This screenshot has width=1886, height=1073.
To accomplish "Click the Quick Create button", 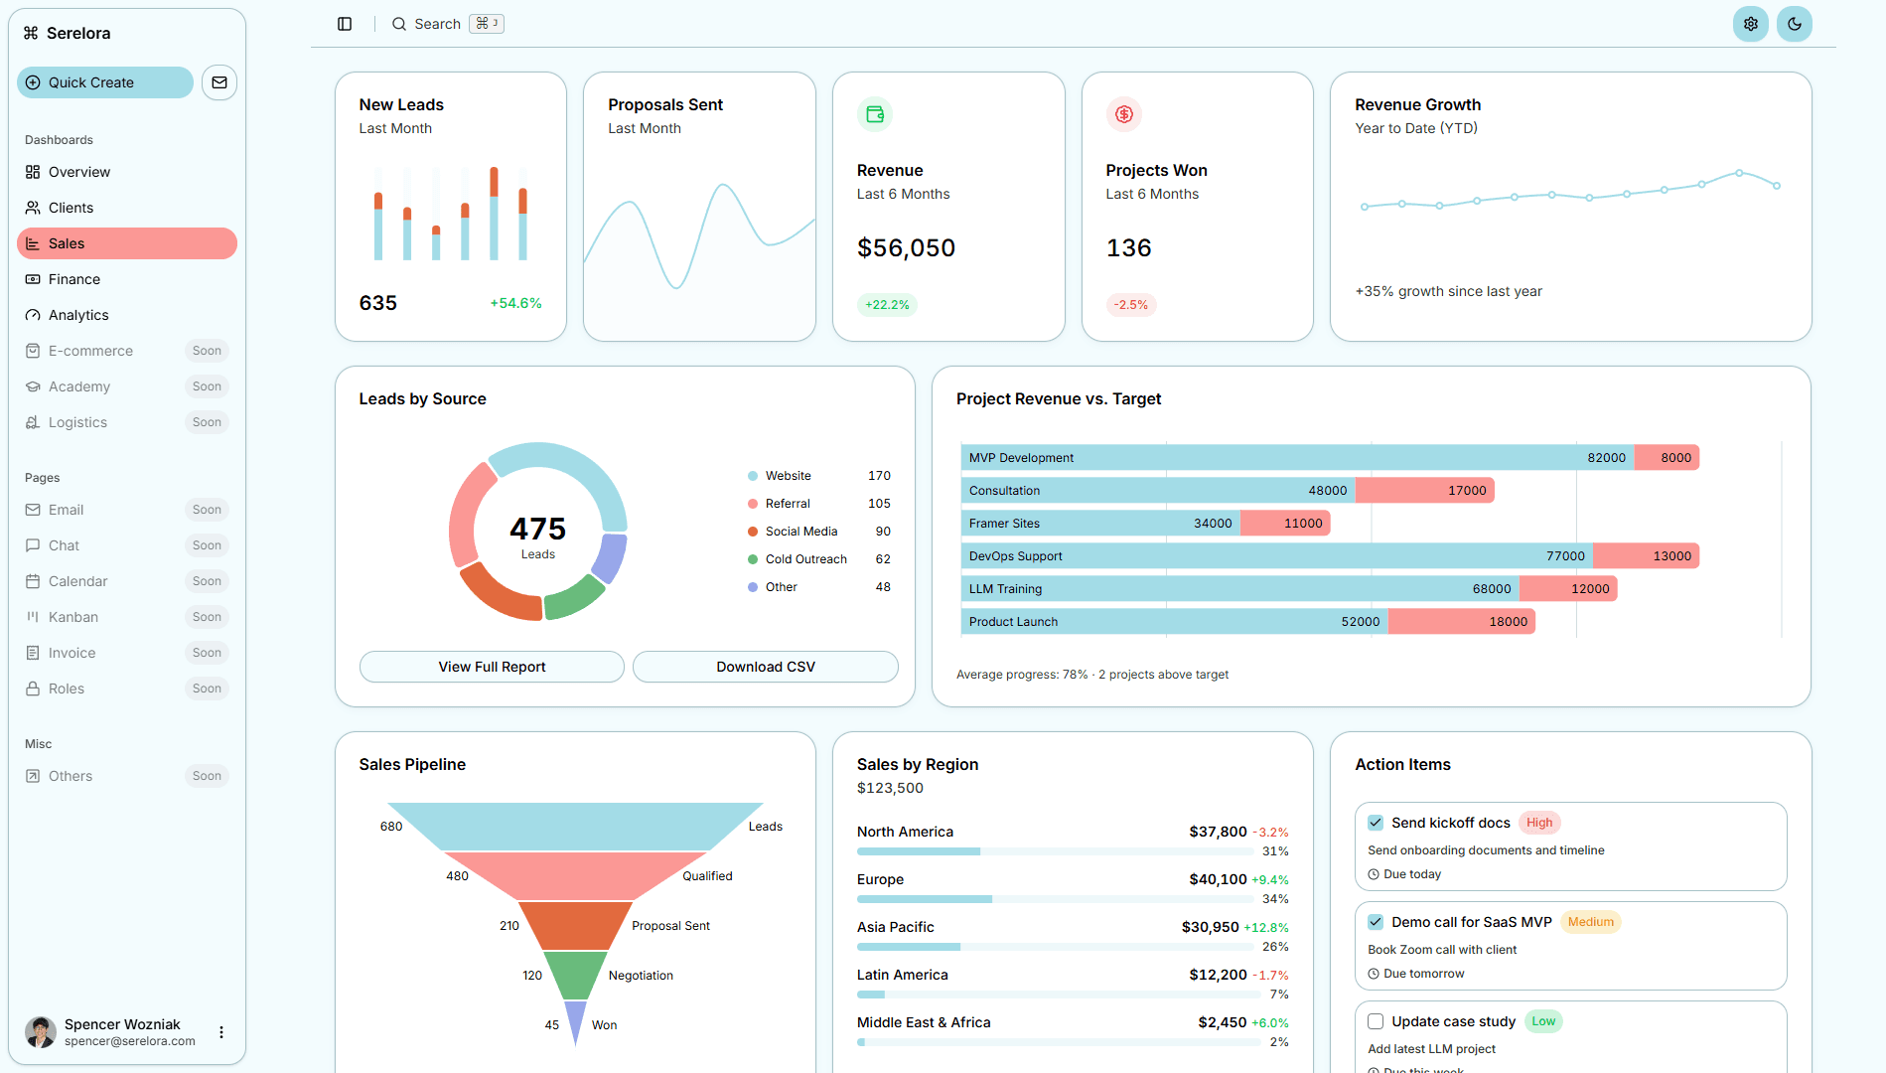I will (x=105, y=82).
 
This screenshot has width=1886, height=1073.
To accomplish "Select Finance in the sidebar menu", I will (x=74, y=279).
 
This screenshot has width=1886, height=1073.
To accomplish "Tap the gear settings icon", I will (x=1750, y=24).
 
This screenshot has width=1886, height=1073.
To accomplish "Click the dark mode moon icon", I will (x=1794, y=24).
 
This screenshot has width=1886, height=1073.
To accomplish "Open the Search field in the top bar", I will (x=437, y=24).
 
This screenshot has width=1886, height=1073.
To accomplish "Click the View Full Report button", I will (x=492, y=667).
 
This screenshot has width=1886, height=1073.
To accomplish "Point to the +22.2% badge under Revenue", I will (x=886, y=305).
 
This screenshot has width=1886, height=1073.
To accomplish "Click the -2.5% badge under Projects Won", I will (x=1130, y=305).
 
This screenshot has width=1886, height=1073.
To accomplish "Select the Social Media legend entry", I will (x=800, y=532).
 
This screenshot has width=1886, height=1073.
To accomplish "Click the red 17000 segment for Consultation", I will (x=1424, y=491).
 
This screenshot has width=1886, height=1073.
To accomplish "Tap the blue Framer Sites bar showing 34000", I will (x=1100, y=524).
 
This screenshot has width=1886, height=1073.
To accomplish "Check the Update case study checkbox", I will (x=1376, y=1021).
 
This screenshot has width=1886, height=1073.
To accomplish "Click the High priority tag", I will (x=1538, y=823).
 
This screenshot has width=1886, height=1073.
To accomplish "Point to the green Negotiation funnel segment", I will (x=575, y=974).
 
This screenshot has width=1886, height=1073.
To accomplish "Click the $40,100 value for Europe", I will (x=1217, y=879).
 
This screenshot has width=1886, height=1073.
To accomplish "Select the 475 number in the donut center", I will (x=537, y=529).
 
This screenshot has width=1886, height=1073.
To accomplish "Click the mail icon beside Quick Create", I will (x=219, y=82).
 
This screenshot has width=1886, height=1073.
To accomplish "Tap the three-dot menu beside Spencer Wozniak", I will (x=221, y=1032).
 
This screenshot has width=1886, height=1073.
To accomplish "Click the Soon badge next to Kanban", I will (x=207, y=617).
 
